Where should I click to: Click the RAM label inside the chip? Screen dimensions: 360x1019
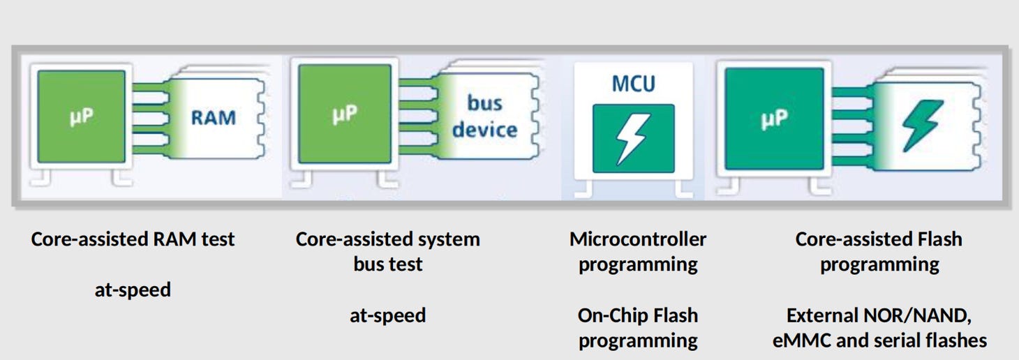tap(214, 117)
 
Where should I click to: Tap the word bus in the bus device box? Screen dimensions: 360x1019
tap(484, 103)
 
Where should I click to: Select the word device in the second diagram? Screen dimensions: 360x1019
tap(484, 130)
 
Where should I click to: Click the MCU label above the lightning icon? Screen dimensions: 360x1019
tap(633, 84)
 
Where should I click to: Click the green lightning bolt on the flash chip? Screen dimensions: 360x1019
tap(922, 125)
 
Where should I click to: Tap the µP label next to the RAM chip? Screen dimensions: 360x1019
tap(81, 117)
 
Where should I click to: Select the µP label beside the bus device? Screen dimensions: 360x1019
tap(345, 114)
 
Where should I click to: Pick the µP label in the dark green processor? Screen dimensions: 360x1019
tap(774, 119)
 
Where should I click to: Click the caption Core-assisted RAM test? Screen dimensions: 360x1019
tap(133, 239)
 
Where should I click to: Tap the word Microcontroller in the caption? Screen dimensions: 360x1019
tap(638, 239)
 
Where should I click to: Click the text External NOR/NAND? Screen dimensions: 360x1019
tap(879, 315)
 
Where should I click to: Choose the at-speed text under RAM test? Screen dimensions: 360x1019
tap(133, 290)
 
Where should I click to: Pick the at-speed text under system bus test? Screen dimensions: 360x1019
tap(387, 315)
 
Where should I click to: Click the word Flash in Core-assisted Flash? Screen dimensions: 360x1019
tap(939, 239)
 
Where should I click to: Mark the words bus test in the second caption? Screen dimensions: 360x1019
tap(387, 264)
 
